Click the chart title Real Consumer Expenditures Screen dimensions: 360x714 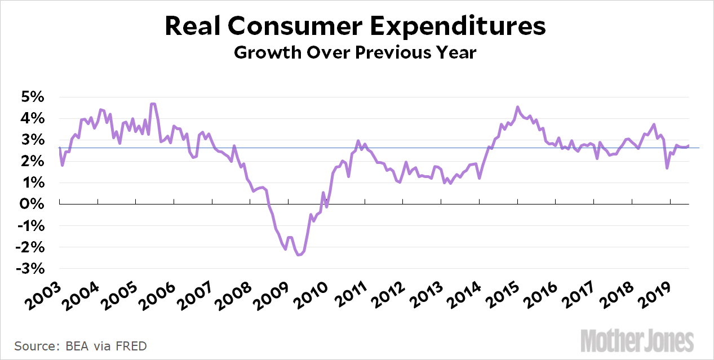(x=356, y=27)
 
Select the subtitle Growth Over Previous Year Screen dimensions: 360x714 (x=356, y=53)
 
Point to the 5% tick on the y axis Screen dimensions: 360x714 (x=33, y=97)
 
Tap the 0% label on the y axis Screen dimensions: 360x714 (x=33, y=205)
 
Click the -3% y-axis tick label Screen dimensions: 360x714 (x=30, y=269)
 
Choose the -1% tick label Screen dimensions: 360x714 (x=30, y=226)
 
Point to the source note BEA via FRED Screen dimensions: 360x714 (x=81, y=345)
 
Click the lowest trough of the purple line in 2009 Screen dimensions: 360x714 (x=299, y=255)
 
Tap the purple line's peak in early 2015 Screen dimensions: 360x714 (x=518, y=107)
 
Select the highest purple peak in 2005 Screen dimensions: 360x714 (x=153, y=104)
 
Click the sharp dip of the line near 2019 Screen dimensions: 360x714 (x=667, y=168)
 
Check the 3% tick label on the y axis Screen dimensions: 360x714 (x=33, y=140)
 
